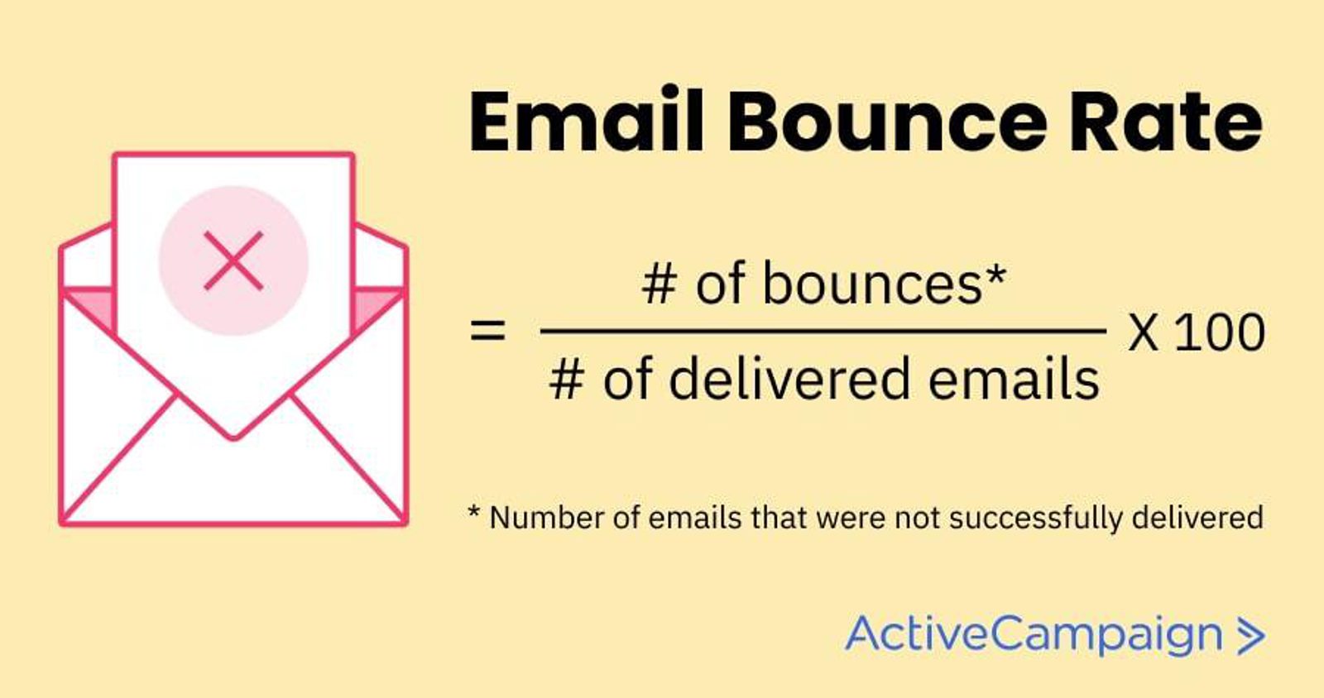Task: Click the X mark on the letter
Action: (x=233, y=261)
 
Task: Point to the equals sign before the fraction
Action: (x=487, y=329)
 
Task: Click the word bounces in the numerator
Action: (x=872, y=284)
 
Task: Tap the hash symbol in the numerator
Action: (x=660, y=285)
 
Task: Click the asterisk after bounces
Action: (x=995, y=274)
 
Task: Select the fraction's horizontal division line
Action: (x=823, y=331)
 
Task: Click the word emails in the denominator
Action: (x=1014, y=379)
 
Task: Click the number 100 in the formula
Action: (x=1220, y=333)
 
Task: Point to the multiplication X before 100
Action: (x=1143, y=333)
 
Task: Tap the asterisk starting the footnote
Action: (x=474, y=512)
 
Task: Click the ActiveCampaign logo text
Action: (x=1034, y=634)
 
